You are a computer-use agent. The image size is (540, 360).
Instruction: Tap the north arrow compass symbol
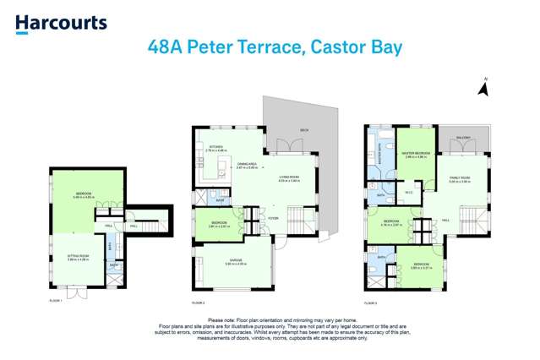(485, 85)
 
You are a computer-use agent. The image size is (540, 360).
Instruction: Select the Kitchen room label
(215, 149)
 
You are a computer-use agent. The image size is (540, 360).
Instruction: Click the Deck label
(303, 130)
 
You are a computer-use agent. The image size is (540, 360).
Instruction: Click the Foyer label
(273, 219)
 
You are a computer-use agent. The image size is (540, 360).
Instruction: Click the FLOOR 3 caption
(371, 301)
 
